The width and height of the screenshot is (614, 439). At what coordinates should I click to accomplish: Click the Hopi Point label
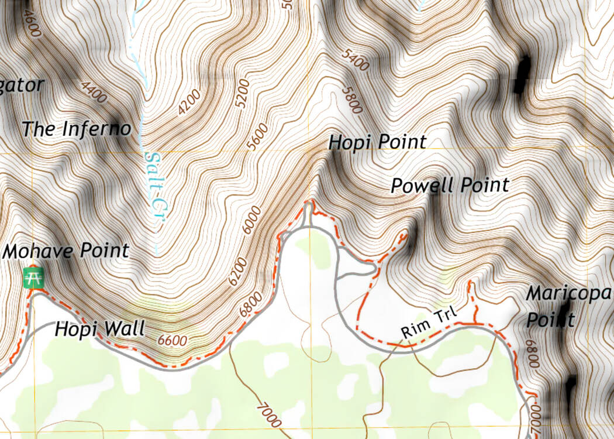[x=377, y=142]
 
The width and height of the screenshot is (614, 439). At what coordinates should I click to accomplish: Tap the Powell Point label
[x=450, y=186]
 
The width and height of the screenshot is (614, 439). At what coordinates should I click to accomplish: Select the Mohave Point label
[x=65, y=251]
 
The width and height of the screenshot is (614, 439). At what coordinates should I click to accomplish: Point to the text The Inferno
[x=76, y=129]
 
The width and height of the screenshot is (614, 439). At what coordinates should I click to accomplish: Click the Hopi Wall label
[x=99, y=329]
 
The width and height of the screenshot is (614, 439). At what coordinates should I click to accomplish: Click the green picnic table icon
[x=34, y=277]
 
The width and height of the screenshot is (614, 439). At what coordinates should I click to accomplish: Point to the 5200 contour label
[x=242, y=92]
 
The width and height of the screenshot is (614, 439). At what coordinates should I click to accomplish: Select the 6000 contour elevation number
[x=252, y=219]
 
